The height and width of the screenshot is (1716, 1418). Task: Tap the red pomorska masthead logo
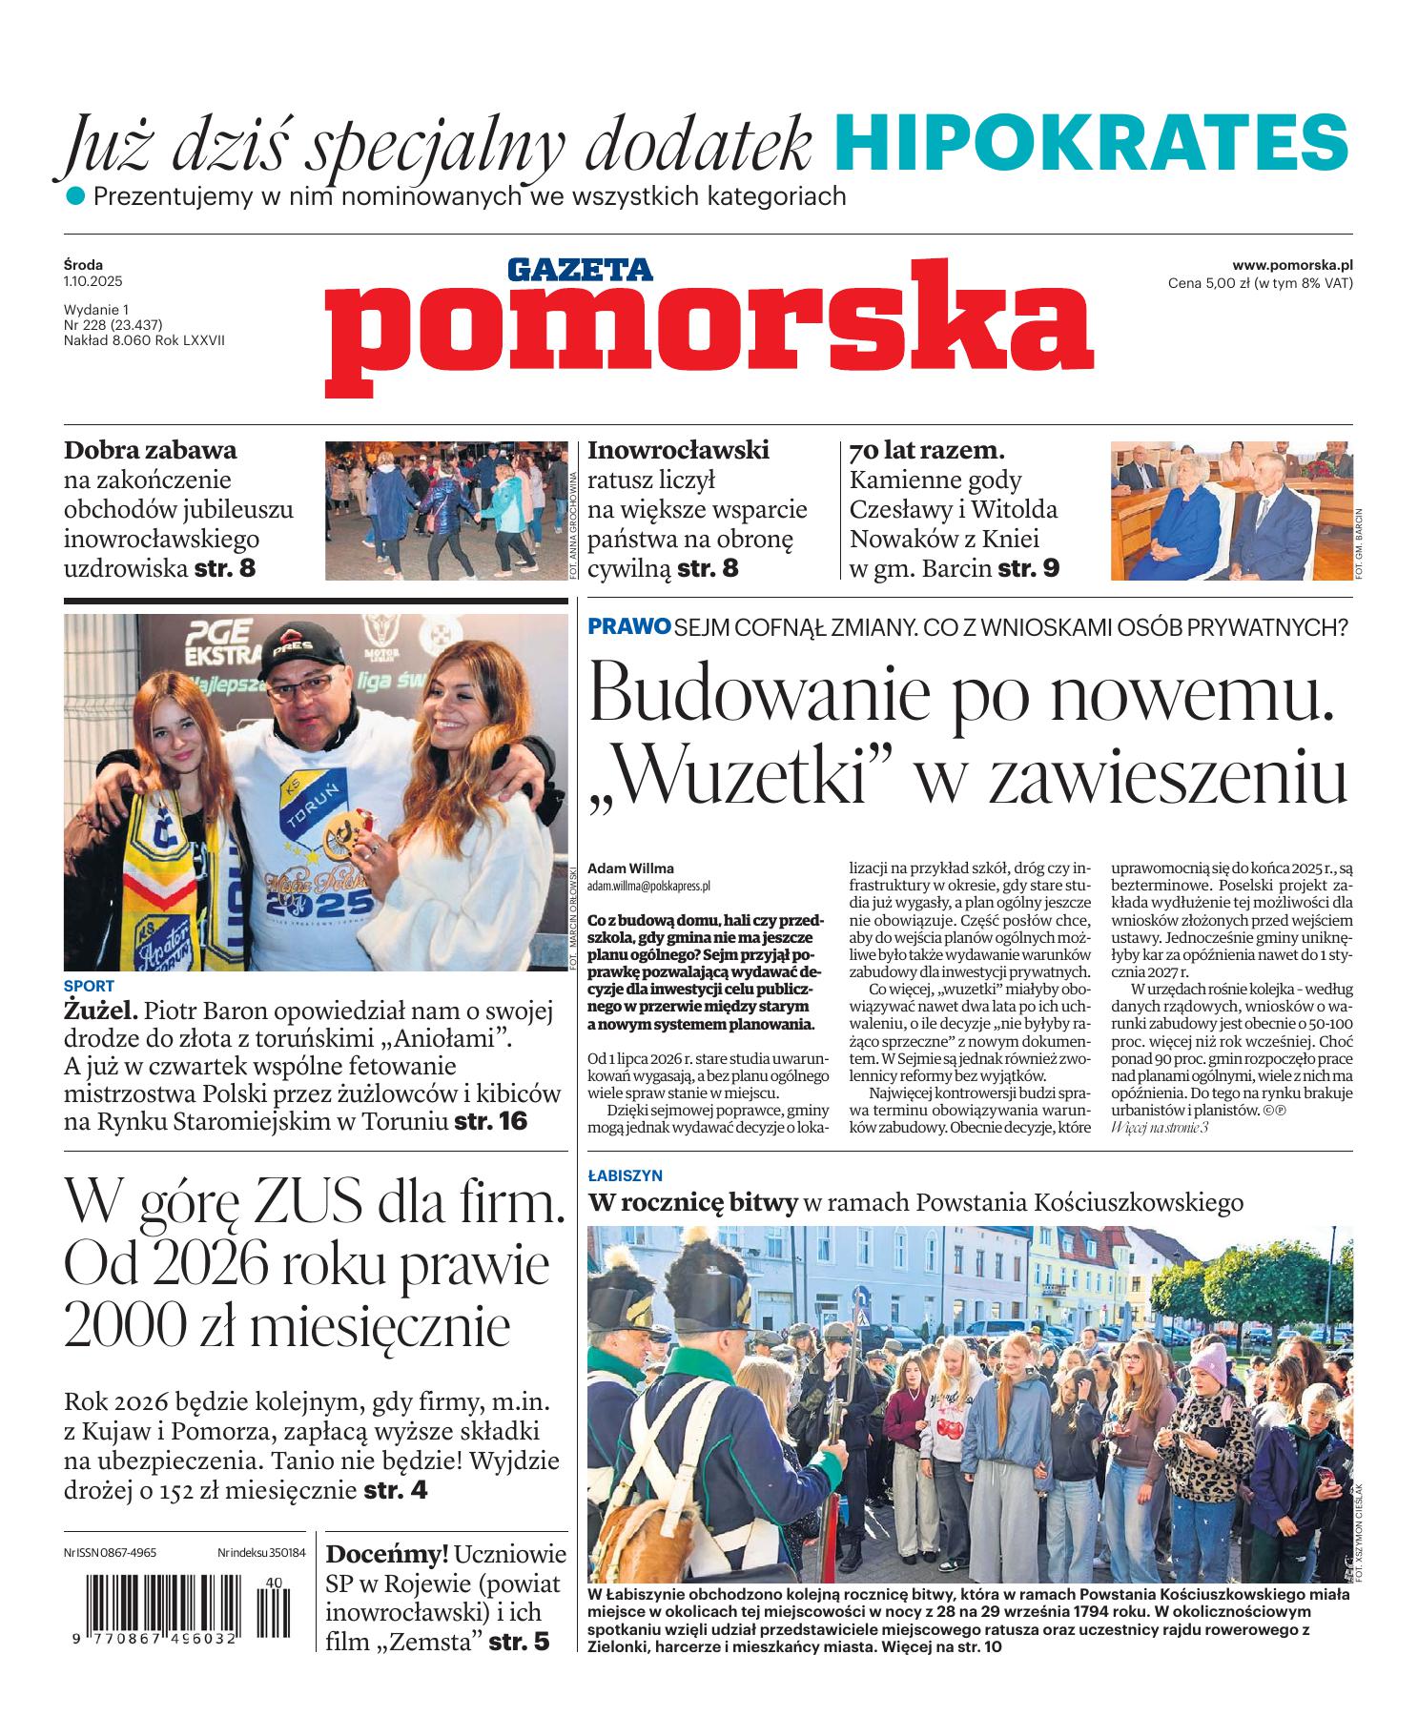[709, 325]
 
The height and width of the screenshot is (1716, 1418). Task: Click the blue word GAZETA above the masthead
[579, 270]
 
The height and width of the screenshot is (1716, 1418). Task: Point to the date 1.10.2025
[93, 282]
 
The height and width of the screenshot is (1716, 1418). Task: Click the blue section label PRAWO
[628, 627]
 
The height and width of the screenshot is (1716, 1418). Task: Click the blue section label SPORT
[89, 987]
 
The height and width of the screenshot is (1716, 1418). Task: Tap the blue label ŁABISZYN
[625, 1176]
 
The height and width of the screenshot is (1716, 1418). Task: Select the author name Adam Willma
[631, 868]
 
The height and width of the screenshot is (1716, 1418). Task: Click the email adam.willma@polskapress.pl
[648, 886]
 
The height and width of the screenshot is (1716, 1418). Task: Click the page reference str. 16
[491, 1121]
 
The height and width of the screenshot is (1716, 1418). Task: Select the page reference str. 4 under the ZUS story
[396, 1490]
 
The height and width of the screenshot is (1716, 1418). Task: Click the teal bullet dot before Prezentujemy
[75, 197]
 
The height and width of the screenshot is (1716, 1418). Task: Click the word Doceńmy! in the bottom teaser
[386, 1555]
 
